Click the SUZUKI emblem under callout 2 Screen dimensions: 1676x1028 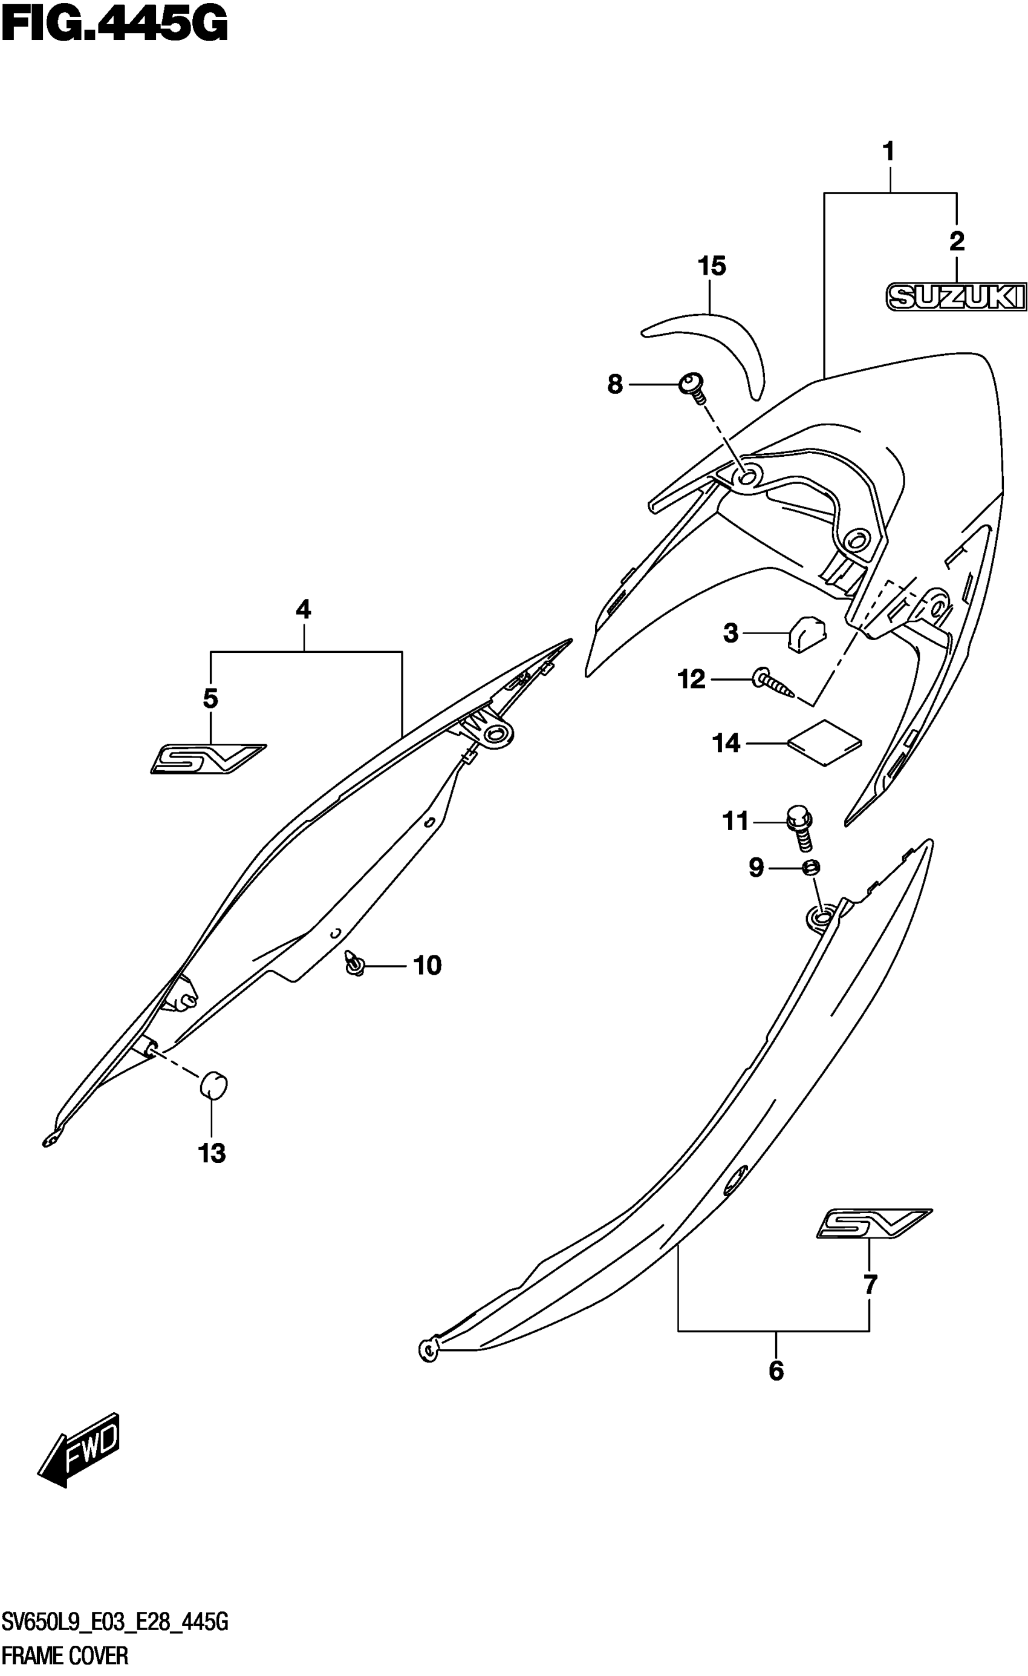[955, 296]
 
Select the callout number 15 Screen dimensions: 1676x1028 [712, 266]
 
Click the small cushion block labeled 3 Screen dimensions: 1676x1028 [806, 632]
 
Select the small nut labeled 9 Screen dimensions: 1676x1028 [810, 867]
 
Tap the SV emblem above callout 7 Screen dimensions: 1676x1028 [873, 1223]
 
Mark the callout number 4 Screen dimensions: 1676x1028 [303, 609]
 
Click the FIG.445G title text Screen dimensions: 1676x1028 [114, 25]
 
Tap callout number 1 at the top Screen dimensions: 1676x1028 [888, 151]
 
